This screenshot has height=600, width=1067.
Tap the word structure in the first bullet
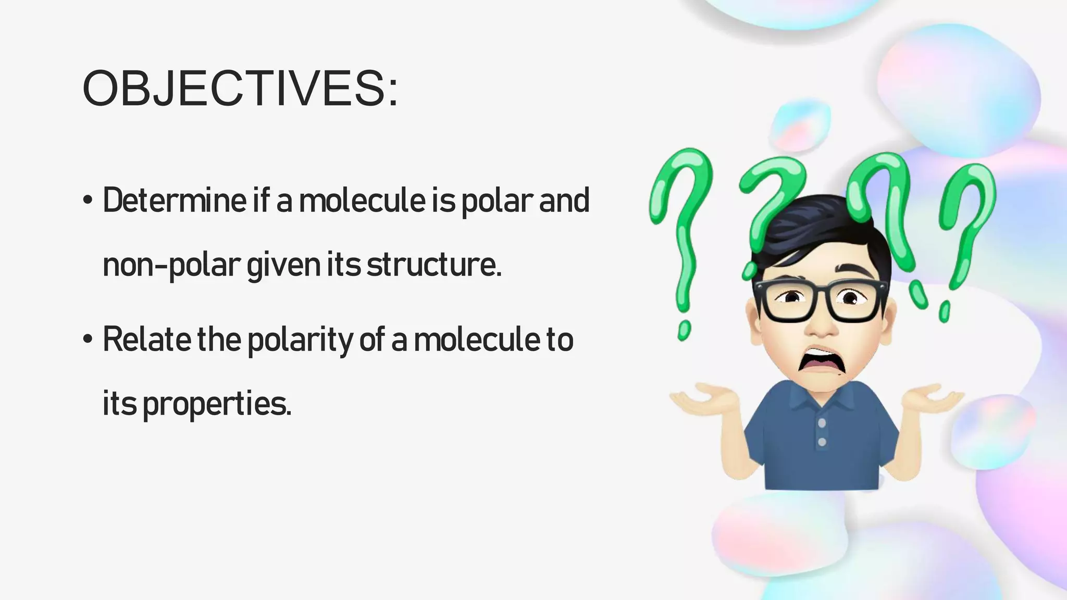point(433,265)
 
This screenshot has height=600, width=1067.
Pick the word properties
point(216,404)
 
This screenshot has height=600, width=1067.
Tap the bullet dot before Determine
point(88,201)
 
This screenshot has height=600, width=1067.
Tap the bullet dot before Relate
point(88,339)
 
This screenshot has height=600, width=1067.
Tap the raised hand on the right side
point(933,398)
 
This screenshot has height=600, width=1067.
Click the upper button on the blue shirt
point(822,423)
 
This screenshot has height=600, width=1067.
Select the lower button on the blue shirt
point(822,442)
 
